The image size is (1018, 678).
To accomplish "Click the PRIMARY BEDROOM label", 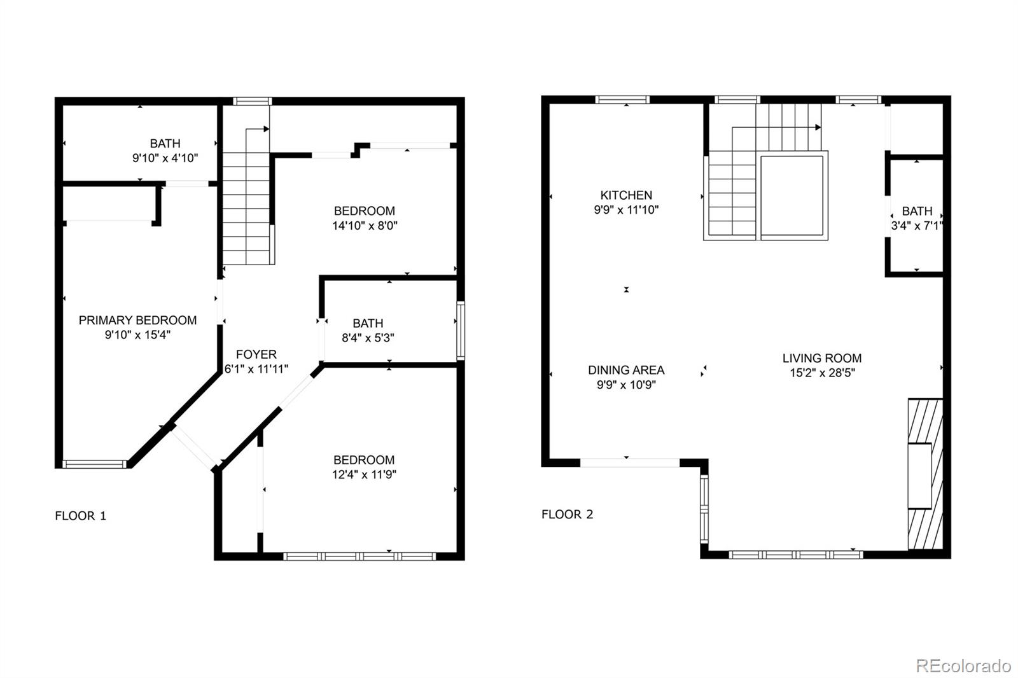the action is [137, 320].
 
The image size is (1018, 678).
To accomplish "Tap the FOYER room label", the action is [256, 354].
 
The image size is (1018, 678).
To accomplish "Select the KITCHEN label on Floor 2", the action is [626, 195].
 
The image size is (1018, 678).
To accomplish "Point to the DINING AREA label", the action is [626, 370].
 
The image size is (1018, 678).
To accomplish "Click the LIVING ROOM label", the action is [822, 358].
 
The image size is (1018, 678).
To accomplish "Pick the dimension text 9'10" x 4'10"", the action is [165, 158].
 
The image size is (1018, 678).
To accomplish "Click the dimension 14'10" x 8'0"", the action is [365, 225].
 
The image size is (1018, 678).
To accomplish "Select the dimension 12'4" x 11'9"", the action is [364, 474].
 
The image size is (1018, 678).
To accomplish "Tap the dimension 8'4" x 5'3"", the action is [368, 338].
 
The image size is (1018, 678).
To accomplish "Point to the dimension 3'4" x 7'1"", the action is [917, 226].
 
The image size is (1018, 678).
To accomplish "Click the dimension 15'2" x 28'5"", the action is [822, 373].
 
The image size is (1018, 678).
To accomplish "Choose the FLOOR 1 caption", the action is [80, 516].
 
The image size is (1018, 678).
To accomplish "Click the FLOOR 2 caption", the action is [567, 515].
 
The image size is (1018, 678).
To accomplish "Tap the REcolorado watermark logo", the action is [963, 666].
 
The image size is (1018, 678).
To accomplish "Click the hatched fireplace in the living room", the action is [925, 474].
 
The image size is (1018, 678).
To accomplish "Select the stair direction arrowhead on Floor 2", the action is [818, 127].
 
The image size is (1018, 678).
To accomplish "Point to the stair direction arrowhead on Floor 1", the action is [267, 129].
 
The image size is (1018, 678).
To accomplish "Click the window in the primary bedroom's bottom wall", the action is [95, 464].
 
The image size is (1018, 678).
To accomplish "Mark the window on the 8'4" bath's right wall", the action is [461, 330].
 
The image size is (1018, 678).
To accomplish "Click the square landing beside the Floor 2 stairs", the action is [791, 195].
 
